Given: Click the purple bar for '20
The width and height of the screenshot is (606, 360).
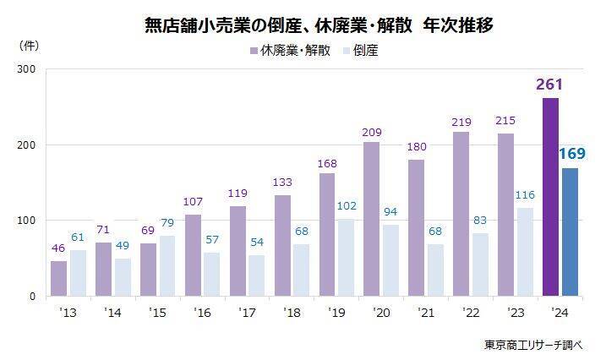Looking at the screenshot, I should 371,219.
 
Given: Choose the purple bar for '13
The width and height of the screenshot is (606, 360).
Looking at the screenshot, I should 58,278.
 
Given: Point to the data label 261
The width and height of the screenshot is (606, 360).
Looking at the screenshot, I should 550,85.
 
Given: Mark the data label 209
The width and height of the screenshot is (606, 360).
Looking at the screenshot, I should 371,133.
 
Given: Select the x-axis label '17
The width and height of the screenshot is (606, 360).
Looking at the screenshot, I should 247,313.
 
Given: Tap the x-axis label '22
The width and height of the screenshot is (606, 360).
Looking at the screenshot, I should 472,313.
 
